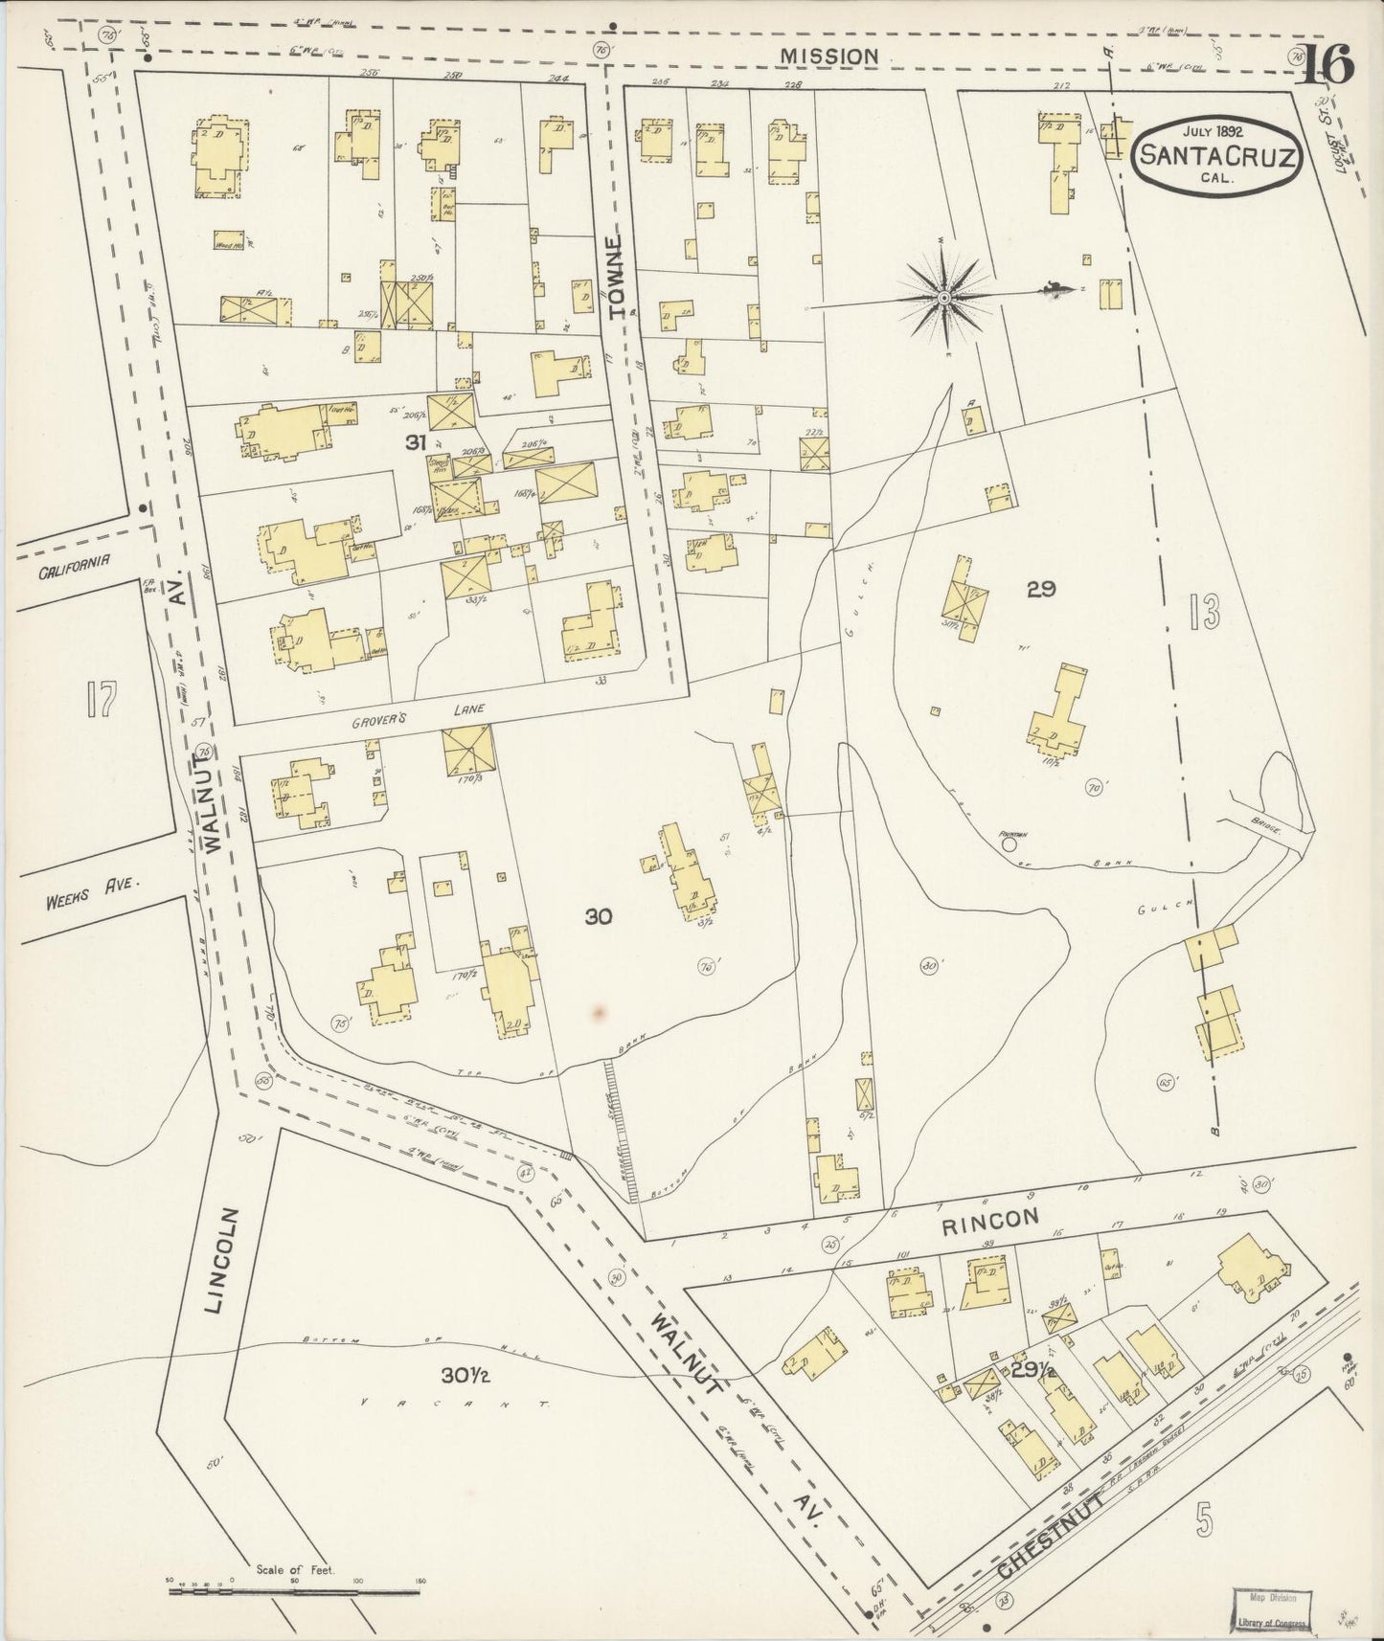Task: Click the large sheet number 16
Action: coord(1326,66)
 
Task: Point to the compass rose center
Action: coord(944,299)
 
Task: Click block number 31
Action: coord(415,442)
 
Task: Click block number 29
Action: coord(1040,590)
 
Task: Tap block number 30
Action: coord(598,917)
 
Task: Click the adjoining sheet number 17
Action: coord(100,700)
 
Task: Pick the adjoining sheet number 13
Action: coord(1204,611)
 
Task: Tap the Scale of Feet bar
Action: coord(293,1591)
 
